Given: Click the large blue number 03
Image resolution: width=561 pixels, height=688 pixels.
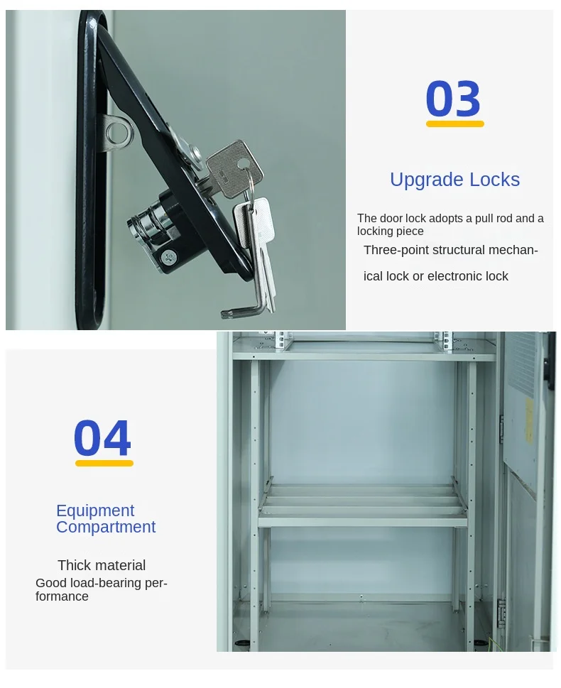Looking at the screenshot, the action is pyautogui.click(x=453, y=99).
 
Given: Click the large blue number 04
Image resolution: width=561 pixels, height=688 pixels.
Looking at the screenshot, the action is pyautogui.click(x=102, y=437).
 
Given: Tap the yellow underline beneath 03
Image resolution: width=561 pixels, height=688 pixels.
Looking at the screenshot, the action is pyautogui.click(x=454, y=124).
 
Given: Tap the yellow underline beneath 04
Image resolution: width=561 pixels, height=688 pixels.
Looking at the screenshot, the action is pyautogui.click(x=104, y=463).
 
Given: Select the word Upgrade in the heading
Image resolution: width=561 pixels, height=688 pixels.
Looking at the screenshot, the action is pyautogui.click(x=426, y=180).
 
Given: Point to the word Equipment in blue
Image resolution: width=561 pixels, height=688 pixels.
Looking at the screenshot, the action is pyautogui.click(x=95, y=511).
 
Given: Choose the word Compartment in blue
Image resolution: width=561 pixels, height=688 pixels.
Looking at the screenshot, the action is pyautogui.click(x=106, y=527).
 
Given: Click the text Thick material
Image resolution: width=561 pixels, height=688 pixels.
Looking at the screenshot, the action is pyautogui.click(x=102, y=565).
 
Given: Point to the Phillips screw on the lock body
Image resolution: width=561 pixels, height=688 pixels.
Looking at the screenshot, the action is pyautogui.click(x=168, y=257).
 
